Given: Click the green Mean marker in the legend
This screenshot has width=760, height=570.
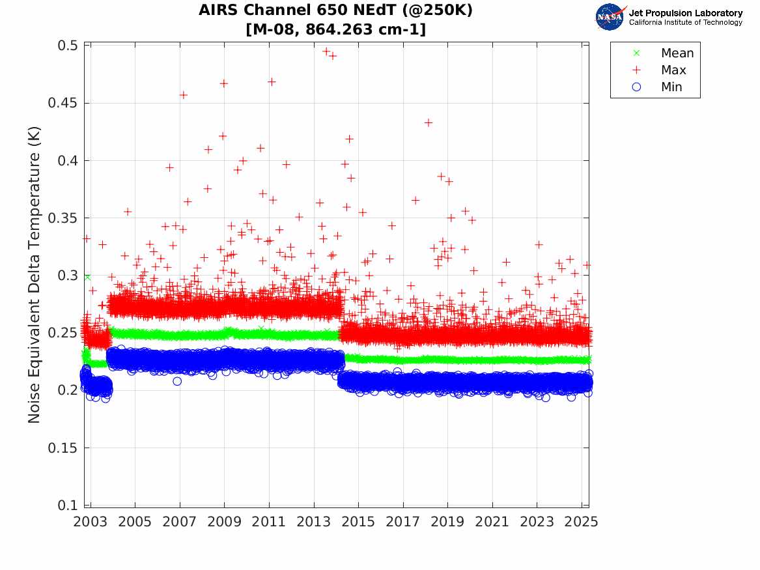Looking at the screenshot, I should tap(637, 53).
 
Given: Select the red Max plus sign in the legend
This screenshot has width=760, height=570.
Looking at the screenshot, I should tap(637, 70).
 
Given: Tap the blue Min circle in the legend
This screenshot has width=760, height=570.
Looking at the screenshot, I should tap(637, 87).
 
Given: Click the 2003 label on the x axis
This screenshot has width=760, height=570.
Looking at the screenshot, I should tap(91, 522).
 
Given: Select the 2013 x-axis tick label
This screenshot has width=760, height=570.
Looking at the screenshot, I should tap(314, 522).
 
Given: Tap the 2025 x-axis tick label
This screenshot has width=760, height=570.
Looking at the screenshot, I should tap(582, 522).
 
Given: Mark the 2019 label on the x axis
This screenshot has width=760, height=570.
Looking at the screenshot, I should tap(448, 522).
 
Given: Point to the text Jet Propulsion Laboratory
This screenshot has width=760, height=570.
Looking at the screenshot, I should tap(686, 13).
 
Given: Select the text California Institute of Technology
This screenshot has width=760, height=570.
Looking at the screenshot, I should tap(686, 23).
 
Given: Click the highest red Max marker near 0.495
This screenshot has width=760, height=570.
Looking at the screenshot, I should tap(326, 51).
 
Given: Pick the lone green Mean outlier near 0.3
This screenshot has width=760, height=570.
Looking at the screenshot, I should tap(87, 277).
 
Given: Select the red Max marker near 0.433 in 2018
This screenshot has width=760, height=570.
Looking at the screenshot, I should tap(428, 122).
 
